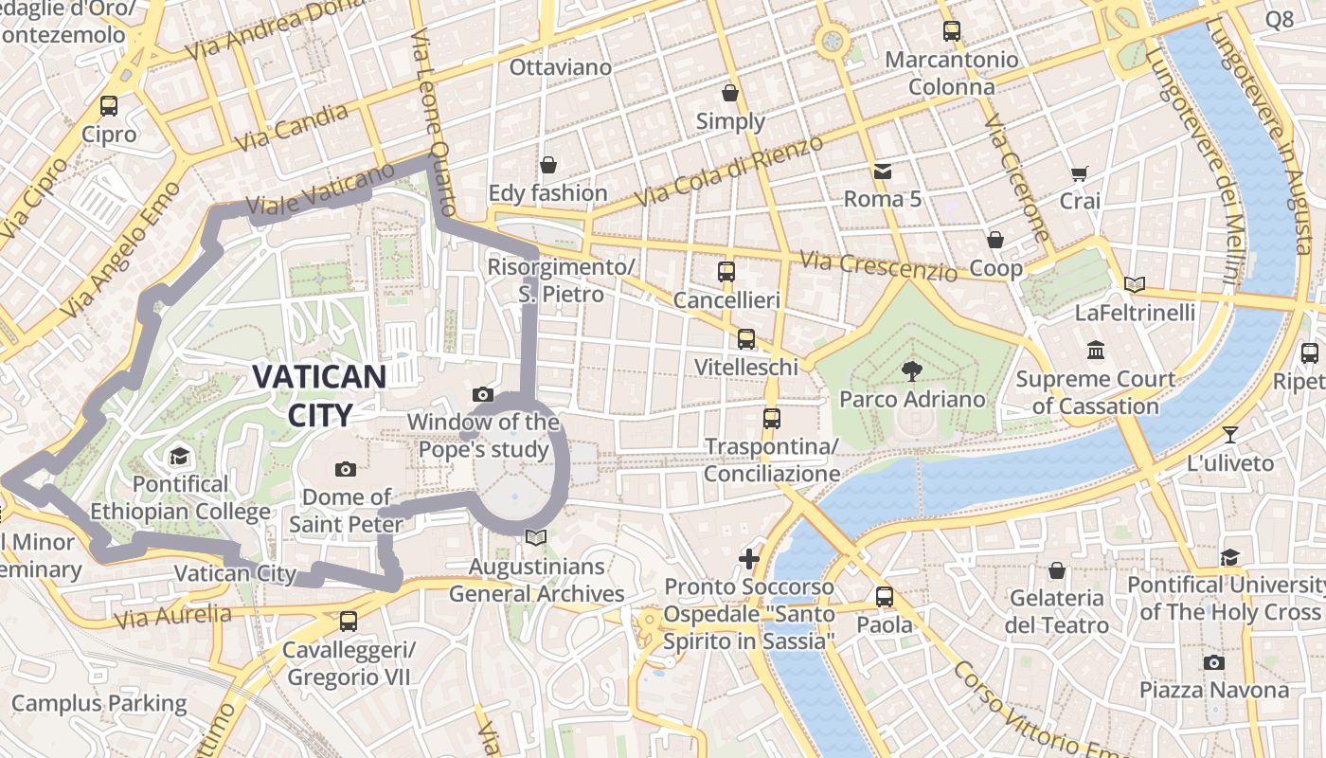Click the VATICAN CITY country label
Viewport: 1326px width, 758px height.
pos(319,395)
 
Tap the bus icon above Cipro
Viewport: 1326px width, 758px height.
pos(109,106)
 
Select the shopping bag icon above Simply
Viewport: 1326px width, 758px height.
pos(730,93)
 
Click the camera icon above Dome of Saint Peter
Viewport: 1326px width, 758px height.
pos(346,469)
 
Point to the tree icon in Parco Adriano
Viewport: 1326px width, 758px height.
pos(912,370)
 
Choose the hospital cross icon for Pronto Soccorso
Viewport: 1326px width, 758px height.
pos(749,558)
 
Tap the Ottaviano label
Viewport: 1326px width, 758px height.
pos(561,68)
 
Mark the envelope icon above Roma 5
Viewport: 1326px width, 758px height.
pos(883,171)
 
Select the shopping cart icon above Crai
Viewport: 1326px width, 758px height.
pos(1079,173)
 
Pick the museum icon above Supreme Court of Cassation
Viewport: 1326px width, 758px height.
pos(1096,351)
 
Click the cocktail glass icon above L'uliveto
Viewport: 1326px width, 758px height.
pos(1229,435)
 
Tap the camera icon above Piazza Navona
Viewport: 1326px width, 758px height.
pos(1213,662)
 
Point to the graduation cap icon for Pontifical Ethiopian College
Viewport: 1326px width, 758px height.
pos(180,458)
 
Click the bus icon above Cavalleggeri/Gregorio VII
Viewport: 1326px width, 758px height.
pos(349,622)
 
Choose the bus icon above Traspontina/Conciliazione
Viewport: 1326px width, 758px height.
pos(772,418)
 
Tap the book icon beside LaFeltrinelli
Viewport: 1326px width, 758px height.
pos(1135,284)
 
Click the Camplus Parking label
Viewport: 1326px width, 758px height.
pos(99,704)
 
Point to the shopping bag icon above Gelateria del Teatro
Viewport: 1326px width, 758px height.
pos(1057,570)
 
